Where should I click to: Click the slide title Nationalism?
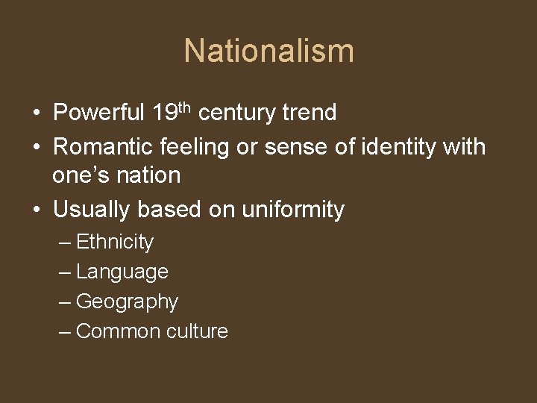268,51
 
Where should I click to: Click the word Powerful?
99,113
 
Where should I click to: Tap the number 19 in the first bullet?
163,113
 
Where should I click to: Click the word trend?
309,113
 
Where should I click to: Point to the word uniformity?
293,210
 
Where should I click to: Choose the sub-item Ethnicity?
115,243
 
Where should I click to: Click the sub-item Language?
122,272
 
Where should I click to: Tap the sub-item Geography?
127,302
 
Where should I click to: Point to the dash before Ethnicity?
66,243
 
